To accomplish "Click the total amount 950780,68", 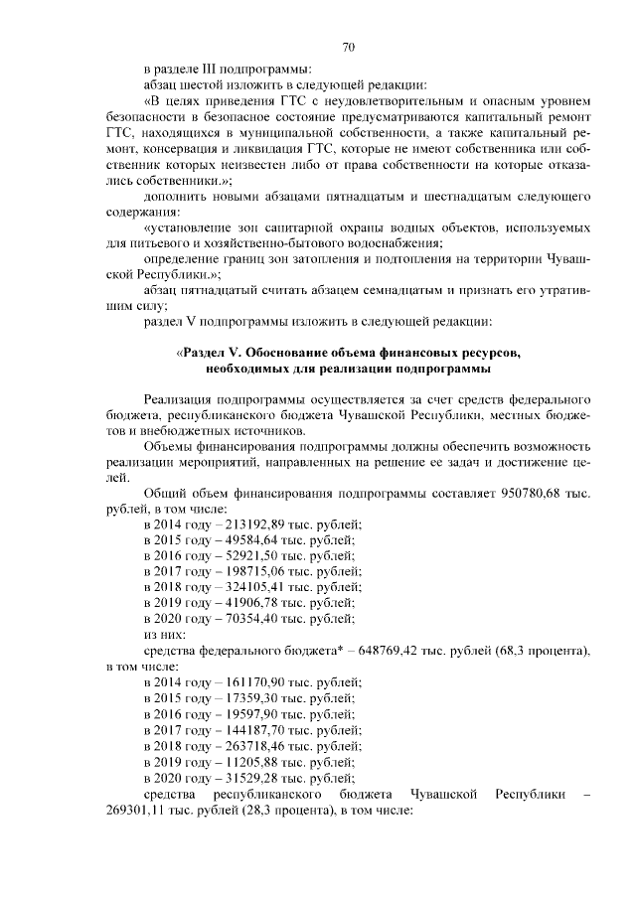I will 535,494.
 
